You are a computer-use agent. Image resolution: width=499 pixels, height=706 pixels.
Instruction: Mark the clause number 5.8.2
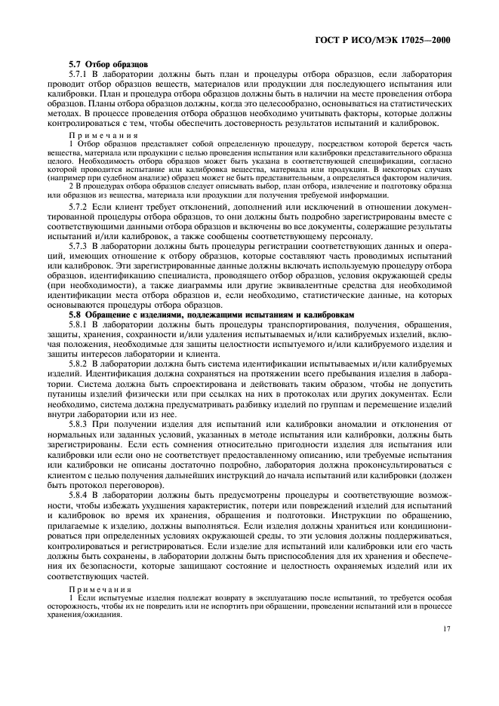click(x=79, y=363)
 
